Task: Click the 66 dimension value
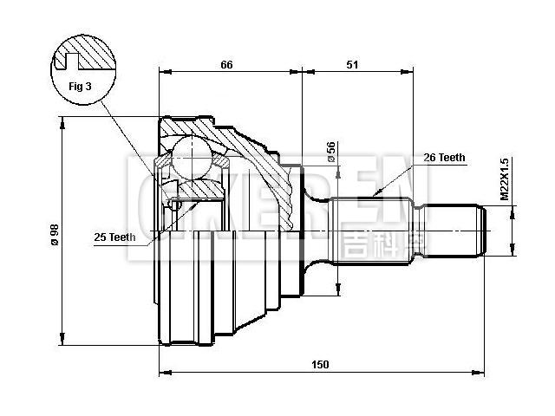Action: point(227,64)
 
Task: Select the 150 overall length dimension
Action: point(320,365)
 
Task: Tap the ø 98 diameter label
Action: point(54,233)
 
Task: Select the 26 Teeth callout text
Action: point(444,158)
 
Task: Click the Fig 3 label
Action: point(80,86)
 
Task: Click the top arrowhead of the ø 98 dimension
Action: point(62,122)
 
